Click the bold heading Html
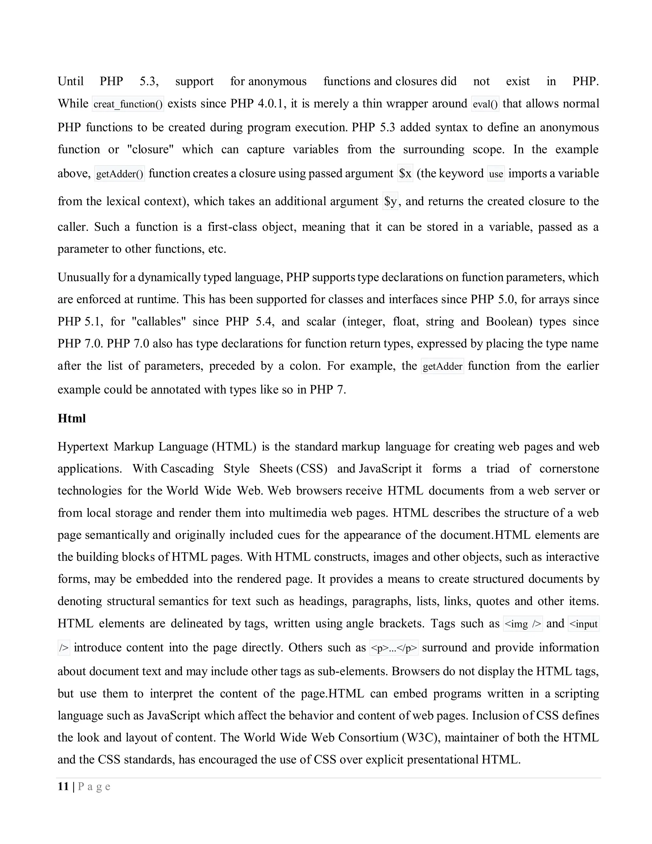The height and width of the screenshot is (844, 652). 71,418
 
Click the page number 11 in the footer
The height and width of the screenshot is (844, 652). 63,786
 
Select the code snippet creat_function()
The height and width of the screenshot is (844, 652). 128,104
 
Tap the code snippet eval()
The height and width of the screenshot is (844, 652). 485,104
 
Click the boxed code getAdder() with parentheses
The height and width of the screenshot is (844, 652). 119,174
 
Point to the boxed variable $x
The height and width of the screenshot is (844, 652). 405,174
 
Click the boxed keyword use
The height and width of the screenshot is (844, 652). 496,174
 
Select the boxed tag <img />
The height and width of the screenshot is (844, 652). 523,624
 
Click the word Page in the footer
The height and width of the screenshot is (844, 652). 94,786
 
